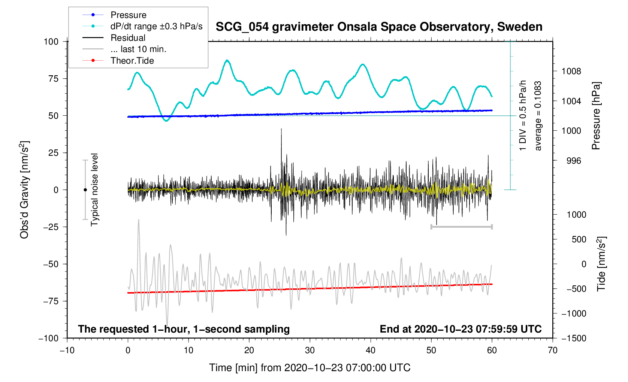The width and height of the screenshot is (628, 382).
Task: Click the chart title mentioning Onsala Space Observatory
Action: click(379, 27)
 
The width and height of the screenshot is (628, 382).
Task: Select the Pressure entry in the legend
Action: click(128, 15)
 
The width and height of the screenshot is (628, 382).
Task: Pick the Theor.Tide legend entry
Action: click(132, 61)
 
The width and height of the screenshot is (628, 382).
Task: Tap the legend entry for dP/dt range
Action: click(156, 26)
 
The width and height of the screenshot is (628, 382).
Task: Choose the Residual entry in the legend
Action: click(128, 38)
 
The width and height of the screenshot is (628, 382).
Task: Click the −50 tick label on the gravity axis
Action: click(51, 264)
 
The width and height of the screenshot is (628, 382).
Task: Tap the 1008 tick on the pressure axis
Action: click(571, 71)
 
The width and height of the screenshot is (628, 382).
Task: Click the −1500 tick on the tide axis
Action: click(573, 338)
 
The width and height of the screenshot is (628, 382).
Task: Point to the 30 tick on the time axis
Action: click(310, 351)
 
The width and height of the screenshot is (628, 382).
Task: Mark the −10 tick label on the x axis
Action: click(67, 351)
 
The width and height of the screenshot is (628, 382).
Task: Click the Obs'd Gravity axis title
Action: click(24, 190)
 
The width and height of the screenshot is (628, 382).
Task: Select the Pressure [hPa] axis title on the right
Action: click(596, 116)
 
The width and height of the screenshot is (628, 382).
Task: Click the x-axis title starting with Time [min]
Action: click(310, 368)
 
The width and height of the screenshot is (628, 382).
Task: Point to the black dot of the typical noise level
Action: click(85, 190)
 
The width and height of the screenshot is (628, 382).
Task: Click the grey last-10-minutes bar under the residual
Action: click(461, 227)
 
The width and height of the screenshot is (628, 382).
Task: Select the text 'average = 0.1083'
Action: click(538, 116)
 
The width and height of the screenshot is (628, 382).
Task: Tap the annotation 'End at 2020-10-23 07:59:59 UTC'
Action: click(461, 329)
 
